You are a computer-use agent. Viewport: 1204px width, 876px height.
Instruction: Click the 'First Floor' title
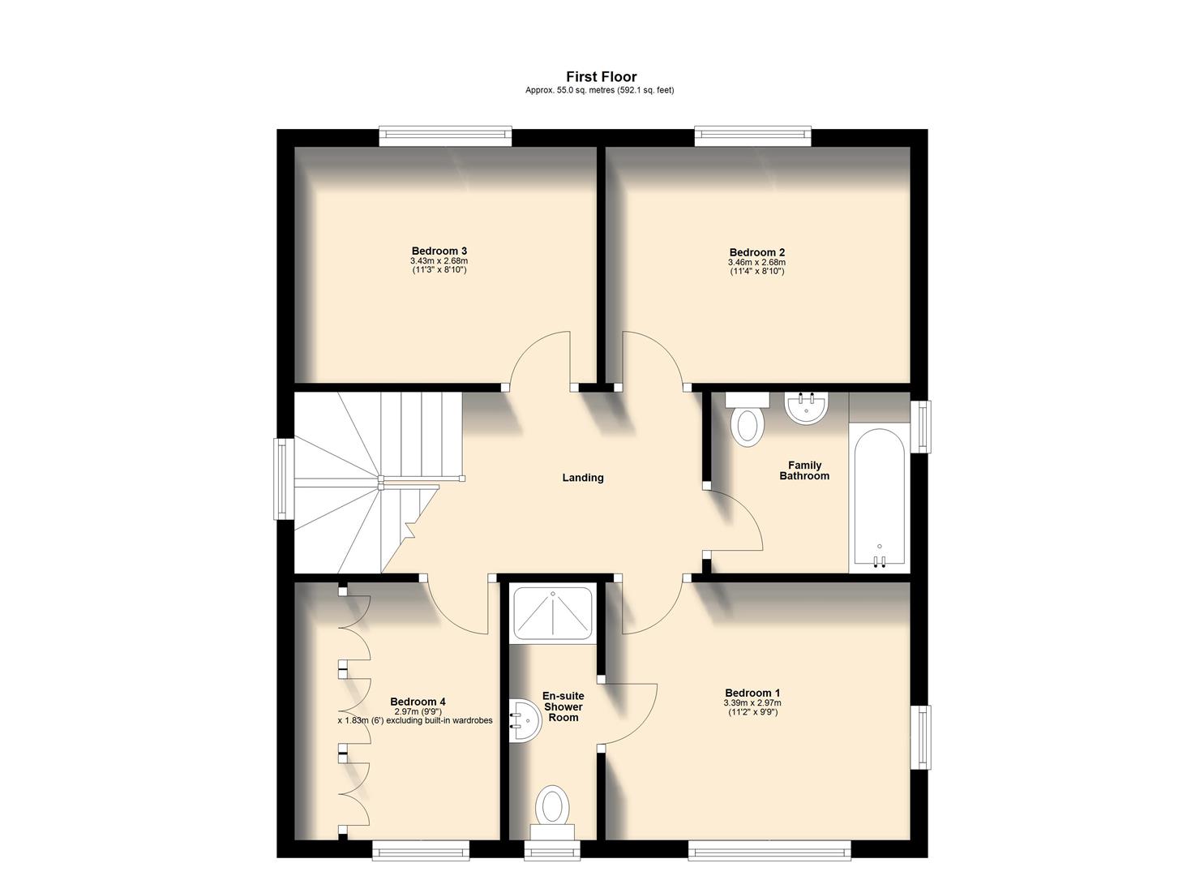pos(601,77)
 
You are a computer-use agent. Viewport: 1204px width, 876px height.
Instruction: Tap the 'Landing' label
pos(583,478)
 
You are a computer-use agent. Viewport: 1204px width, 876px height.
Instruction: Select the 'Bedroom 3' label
pos(439,251)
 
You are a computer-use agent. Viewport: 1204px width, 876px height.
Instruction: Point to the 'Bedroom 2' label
pos(756,252)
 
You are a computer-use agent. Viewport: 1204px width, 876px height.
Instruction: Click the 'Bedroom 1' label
pos(752,693)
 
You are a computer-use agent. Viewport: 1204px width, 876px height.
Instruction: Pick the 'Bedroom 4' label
pos(418,702)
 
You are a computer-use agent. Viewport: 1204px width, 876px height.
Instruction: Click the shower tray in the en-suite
pos(553,613)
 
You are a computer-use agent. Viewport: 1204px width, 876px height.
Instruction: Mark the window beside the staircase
pos(282,478)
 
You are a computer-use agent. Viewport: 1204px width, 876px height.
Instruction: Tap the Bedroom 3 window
pos(445,136)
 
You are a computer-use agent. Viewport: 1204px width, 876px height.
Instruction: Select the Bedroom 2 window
pos(752,136)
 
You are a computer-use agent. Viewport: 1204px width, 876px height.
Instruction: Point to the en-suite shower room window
pos(552,850)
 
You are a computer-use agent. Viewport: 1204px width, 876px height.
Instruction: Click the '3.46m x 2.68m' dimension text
pos(756,263)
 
